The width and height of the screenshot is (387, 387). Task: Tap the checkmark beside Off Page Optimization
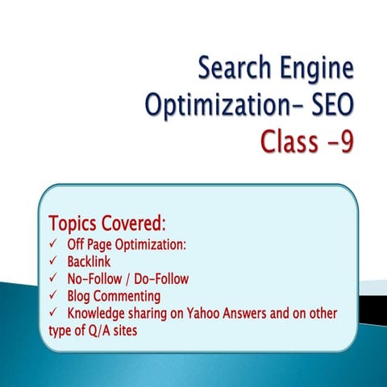point(53,245)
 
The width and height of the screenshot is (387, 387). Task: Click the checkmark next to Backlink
point(53,262)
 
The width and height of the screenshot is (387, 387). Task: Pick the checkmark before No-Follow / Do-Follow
point(53,279)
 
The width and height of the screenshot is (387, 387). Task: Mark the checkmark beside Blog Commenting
point(53,296)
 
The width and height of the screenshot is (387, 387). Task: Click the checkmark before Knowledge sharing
point(53,313)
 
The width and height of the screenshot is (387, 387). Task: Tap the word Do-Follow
point(161,279)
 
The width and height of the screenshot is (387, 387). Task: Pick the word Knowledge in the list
point(99,314)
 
